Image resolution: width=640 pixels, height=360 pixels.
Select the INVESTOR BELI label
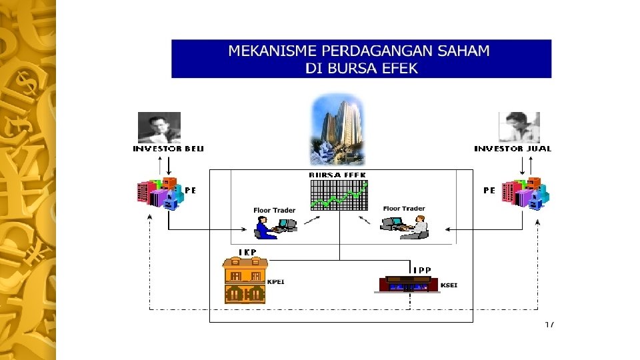pos(169,149)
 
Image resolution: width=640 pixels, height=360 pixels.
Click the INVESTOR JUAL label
pos(513,149)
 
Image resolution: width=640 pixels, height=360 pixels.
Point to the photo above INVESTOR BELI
pos(159,127)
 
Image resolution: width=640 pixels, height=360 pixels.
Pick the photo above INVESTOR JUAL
pos(519,127)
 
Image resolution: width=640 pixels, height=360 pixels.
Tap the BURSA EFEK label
pos(337,175)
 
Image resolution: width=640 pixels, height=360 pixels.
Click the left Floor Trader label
pos(274,211)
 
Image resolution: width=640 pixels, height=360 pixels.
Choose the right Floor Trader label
pos(404,209)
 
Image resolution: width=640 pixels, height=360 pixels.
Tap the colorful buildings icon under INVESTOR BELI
pos(158,193)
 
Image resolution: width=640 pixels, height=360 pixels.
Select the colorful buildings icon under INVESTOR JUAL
pos(527,193)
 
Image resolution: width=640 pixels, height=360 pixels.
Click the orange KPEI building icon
pos(245,281)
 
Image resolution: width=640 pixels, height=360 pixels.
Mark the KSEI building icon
pos(408,285)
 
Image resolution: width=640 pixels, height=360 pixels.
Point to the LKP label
pos(247,252)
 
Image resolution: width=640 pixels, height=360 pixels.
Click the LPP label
pos(421,269)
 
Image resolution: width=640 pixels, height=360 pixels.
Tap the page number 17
pos(549,325)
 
